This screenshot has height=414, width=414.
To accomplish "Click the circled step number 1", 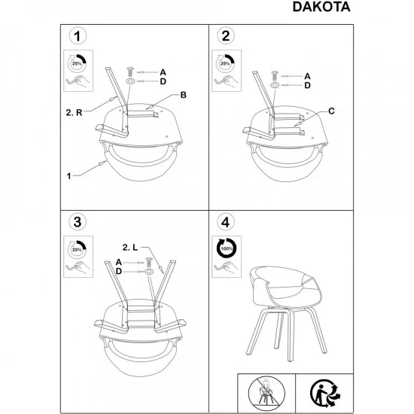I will (x=75, y=36).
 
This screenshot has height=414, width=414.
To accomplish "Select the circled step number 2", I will (x=223, y=36).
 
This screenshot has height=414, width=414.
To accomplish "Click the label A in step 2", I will (x=307, y=76).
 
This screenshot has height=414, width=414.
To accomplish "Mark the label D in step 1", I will (x=163, y=81).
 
